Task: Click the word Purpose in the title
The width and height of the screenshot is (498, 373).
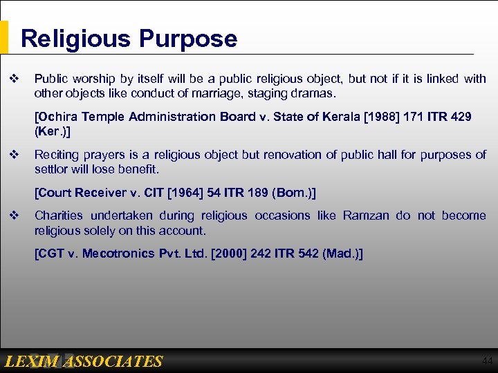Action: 187,39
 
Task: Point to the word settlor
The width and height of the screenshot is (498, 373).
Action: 50,169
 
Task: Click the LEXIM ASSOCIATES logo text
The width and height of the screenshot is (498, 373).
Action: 83,361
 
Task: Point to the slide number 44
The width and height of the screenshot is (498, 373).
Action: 486,361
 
